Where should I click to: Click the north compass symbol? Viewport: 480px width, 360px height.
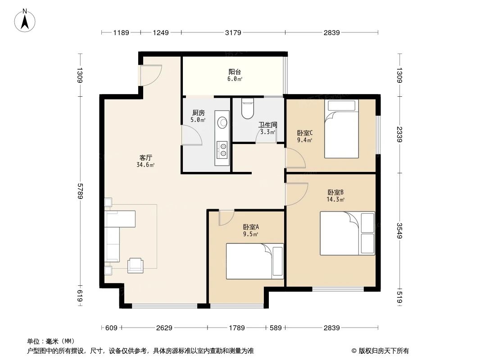26,20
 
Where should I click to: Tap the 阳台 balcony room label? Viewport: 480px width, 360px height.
234,72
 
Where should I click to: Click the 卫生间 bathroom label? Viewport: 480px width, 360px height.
267,125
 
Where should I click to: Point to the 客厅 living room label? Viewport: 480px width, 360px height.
145,158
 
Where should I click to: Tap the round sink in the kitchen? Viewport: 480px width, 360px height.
222,122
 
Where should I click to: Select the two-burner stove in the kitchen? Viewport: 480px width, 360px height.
222,150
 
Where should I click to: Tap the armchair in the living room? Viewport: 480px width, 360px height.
136,265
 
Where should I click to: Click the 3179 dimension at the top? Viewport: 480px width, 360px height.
233,32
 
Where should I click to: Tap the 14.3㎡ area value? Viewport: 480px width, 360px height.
335,199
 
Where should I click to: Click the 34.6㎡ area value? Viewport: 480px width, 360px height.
145,165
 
